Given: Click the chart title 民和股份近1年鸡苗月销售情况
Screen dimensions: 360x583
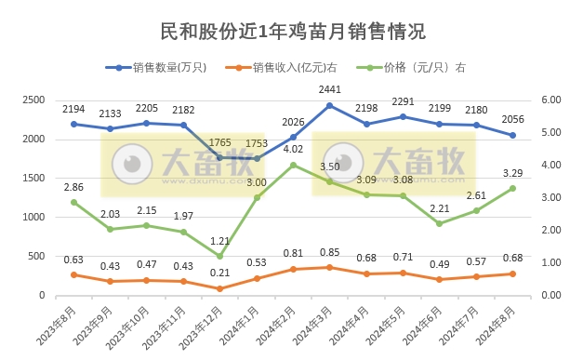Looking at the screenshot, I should [293, 31].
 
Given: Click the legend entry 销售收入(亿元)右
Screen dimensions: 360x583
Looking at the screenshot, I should [297, 68].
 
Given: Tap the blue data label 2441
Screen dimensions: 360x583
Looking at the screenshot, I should [329, 89].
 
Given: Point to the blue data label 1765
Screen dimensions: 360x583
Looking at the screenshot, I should [219, 141].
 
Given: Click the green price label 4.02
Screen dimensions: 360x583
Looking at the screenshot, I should [293, 149].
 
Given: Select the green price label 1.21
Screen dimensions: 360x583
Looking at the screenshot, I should [219, 241].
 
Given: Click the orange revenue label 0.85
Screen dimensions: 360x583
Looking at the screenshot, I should [329, 252].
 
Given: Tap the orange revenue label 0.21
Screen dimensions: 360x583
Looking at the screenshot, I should [219, 273].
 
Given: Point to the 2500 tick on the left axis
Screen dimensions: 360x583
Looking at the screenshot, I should [33, 100].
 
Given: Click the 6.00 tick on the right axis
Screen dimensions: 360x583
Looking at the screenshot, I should [551, 100].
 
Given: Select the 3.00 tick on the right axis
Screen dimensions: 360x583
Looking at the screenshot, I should [551, 197].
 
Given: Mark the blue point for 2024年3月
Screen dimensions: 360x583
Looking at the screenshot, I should [329, 105].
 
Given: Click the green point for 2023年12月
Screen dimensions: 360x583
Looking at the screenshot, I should [219, 256].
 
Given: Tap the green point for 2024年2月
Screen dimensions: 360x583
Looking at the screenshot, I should [293, 165].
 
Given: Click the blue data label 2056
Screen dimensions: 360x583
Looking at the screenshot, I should [512, 120].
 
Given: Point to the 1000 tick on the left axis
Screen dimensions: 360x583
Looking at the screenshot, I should [33, 217].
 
